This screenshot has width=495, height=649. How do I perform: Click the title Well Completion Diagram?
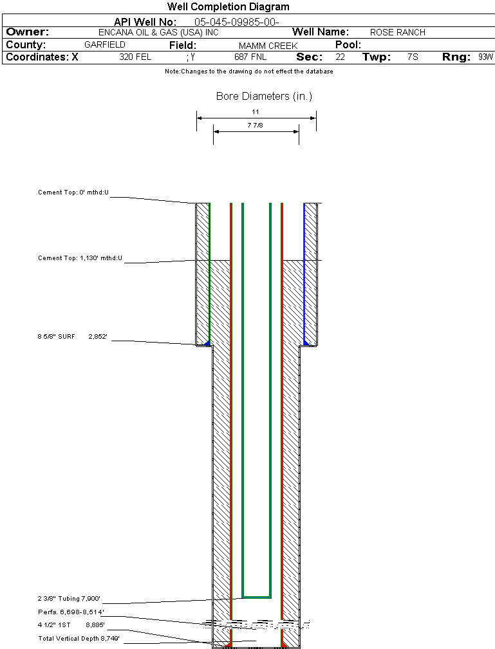click(x=228, y=6)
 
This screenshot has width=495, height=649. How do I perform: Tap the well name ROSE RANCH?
click(x=397, y=32)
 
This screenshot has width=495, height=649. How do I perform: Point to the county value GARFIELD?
click(x=105, y=45)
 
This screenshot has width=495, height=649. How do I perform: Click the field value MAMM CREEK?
click(x=268, y=46)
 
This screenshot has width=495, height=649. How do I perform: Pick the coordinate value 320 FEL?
click(x=135, y=57)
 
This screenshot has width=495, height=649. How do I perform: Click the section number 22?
click(x=340, y=57)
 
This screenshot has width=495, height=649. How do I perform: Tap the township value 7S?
click(x=413, y=57)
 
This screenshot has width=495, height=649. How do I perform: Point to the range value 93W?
click(x=485, y=57)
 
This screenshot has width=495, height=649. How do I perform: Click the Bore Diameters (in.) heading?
click(x=264, y=97)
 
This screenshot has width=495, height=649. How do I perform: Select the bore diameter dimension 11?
click(x=256, y=111)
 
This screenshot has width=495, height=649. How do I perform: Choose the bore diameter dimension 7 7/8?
click(x=256, y=125)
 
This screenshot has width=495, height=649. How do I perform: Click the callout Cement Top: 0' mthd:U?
click(x=73, y=193)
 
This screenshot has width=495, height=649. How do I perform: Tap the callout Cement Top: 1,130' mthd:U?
click(x=80, y=258)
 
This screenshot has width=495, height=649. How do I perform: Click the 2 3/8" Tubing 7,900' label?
click(x=69, y=598)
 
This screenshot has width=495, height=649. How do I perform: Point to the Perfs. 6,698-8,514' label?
click(x=71, y=611)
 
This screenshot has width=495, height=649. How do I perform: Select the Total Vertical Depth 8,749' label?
click(x=79, y=638)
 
